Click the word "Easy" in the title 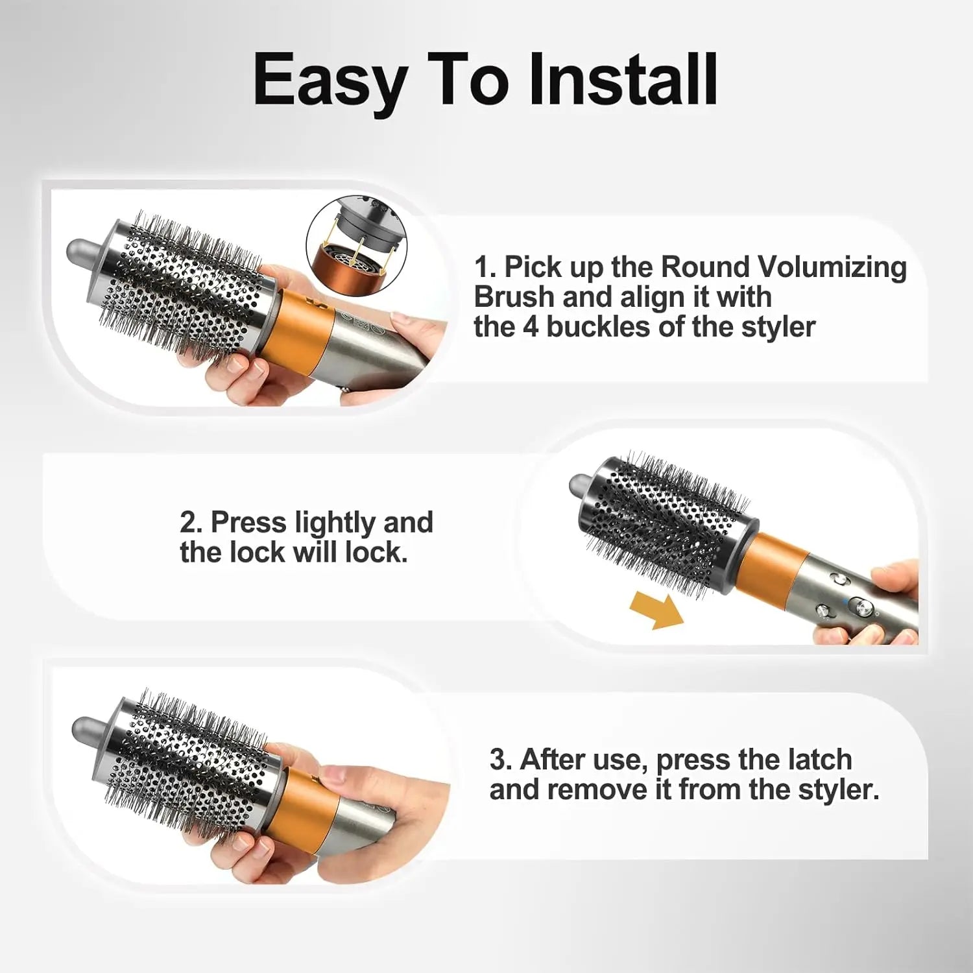tap(330, 81)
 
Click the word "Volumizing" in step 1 tap(832, 267)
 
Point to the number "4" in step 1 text tap(530, 326)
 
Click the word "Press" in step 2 tap(248, 522)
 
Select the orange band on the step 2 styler tap(772, 564)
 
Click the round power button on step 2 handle tap(861, 607)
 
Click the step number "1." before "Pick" tap(485, 267)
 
